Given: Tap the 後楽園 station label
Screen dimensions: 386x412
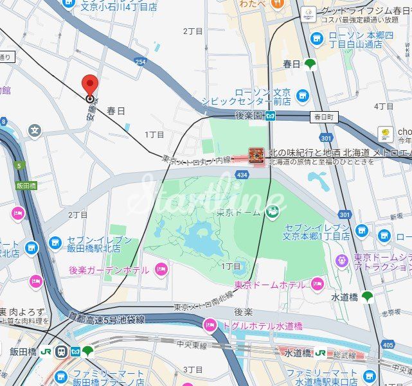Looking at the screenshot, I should pyautogui.click(x=248, y=116).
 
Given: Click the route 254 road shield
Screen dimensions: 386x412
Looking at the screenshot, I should pyautogui.click(x=140, y=62).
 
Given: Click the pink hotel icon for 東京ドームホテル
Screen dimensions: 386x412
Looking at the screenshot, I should pyautogui.click(x=317, y=284).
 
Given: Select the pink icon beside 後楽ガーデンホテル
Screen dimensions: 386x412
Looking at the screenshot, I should pyautogui.click(x=161, y=269).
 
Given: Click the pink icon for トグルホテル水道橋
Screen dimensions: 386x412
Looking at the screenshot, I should pyautogui.click(x=210, y=326).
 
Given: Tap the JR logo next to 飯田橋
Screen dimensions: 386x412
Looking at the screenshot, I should pyautogui.click(x=47, y=351).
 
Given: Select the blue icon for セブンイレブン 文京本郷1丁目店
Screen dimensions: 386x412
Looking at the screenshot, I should pyautogui.click(x=362, y=231).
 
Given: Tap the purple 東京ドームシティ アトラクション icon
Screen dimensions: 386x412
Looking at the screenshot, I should pyautogui.click(x=342, y=261).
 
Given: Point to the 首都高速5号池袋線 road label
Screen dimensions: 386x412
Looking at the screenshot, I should pyautogui.click(x=106, y=318).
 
